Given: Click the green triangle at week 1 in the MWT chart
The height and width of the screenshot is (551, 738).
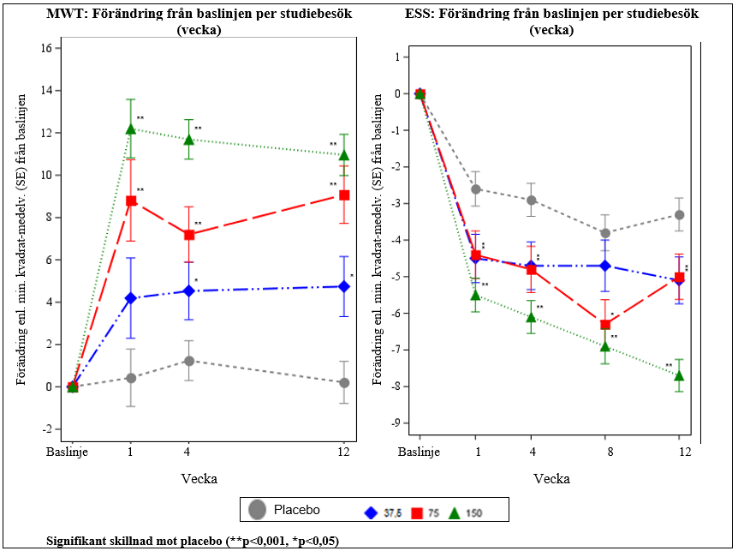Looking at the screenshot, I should pyautogui.click(x=131, y=129).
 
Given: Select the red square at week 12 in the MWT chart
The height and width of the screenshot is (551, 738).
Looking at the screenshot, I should pyautogui.click(x=344, y=195).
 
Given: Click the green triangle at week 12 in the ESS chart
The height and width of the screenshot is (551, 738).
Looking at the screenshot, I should pyautogui.click(x=680, y=375).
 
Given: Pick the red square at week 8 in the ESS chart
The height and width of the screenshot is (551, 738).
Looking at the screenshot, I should pyautogui.click(x=605, y=324).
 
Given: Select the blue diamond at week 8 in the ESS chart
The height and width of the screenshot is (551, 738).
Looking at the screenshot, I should pyautogui.click(x=605, y=266).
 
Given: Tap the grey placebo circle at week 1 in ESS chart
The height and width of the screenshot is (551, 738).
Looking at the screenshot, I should pyautogui.click(x=476, y=189).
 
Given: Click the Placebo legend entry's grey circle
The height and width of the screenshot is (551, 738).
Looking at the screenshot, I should pyautogui.click(x=257, y=510).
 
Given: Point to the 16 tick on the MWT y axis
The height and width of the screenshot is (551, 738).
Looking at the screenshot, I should pyautogui.click(x=46, y=48).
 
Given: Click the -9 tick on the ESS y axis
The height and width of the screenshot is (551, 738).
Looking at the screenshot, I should pyautogui.click(x=396, y=422).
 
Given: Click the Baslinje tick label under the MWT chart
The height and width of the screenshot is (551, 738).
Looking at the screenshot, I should pyautogui.click(x=72, y=451).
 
